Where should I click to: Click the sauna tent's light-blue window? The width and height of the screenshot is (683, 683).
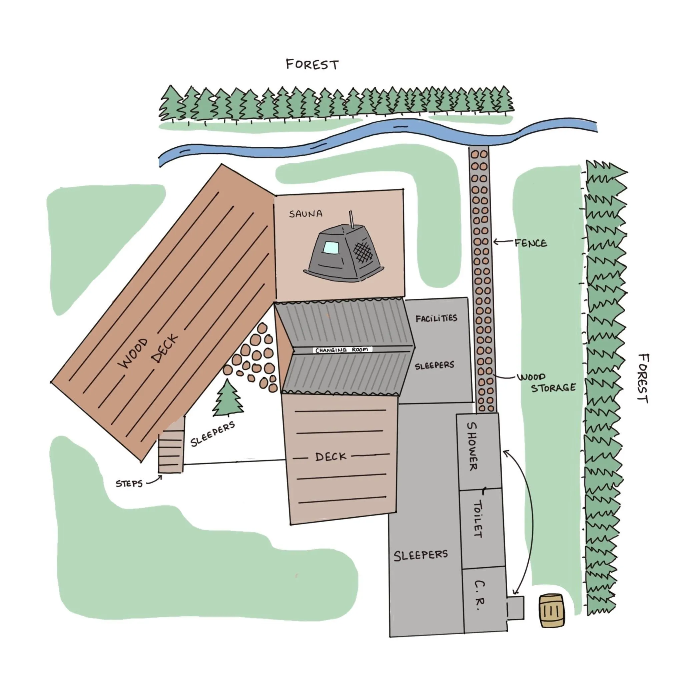coord(331,247)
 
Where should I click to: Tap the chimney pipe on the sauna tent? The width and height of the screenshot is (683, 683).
coord(352,220)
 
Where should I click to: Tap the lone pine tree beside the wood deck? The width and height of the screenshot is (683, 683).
coord(228,398)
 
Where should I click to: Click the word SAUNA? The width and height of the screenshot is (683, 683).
coord(306,214)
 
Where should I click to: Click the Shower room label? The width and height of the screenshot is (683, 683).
coord(472,447)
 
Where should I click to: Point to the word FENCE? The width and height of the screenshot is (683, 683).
coord(531,243)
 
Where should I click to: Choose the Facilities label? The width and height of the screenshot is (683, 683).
coord(436,318)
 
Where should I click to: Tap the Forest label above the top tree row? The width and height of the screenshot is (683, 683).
coord(312,65)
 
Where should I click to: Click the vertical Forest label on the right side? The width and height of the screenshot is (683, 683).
coord(643,378)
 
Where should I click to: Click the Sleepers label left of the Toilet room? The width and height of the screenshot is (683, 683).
coord(421,555)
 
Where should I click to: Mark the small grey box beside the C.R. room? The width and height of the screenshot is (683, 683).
coord(515,608)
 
